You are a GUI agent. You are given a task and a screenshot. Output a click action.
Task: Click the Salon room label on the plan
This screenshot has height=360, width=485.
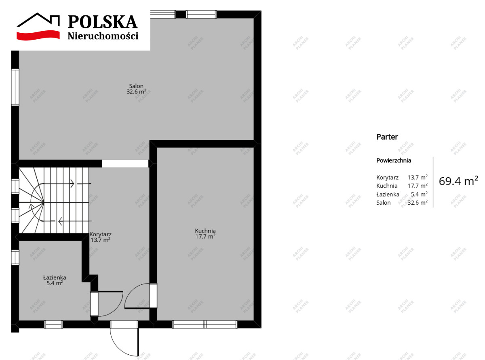[136, 86]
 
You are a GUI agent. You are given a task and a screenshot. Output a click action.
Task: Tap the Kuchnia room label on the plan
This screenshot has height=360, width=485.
[205, 231]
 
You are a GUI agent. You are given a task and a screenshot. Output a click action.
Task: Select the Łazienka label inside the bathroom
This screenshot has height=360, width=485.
[55, 277]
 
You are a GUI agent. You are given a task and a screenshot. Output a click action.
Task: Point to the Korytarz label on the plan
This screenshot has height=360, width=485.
[101, 234]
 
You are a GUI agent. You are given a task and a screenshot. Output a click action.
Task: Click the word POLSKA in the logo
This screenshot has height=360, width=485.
[103, 22]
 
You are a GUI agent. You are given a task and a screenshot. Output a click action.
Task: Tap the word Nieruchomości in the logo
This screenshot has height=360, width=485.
[103, 36]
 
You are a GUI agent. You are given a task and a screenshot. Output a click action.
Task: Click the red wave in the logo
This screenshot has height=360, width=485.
[38, 36]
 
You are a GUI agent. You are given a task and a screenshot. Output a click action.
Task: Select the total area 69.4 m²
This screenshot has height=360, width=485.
[458, 181]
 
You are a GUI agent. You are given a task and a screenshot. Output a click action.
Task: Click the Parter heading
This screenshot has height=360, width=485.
[387, 137]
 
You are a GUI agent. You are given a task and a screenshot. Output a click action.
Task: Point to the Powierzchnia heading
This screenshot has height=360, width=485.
[394, 161]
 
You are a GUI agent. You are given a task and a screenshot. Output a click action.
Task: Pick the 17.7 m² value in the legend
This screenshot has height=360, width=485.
[418, 186]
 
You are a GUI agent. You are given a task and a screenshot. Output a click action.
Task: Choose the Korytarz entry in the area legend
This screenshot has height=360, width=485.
[387, 177]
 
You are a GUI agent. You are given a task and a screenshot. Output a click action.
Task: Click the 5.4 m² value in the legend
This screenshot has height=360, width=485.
[419, 194]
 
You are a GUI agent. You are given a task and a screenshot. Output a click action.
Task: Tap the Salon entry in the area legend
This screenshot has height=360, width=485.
[383, 203]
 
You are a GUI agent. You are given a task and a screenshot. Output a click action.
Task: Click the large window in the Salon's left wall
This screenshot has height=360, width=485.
[15, 87]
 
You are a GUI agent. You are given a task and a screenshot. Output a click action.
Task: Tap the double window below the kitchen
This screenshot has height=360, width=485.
[205, 324]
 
